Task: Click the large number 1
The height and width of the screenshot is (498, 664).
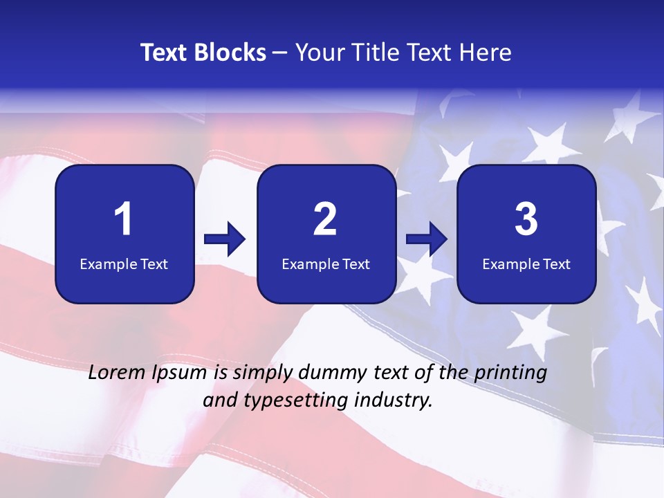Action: [124, 220]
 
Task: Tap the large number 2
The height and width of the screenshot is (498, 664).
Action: [325, 220]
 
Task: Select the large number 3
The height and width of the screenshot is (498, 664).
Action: [526, 220]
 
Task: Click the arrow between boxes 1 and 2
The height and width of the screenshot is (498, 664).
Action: [225, 240]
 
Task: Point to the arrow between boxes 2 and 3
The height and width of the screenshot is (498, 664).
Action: [427, 240]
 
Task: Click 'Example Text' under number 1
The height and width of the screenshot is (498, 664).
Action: [124, 264]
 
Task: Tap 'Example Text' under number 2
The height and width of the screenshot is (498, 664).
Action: [326, 264]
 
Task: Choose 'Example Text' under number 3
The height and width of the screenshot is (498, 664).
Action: [526, 264]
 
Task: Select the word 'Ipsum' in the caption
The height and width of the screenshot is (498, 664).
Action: [179, 373]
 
